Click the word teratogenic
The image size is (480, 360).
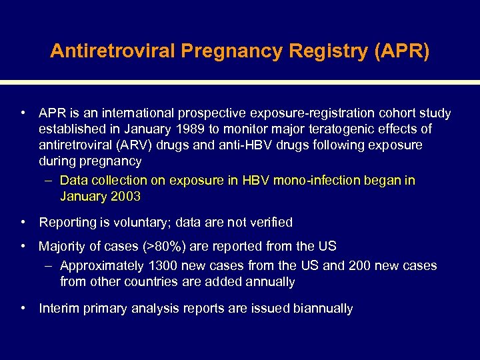(341, 129)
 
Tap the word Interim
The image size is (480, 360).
(59, 309)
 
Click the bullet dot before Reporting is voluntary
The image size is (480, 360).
(23, 222)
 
